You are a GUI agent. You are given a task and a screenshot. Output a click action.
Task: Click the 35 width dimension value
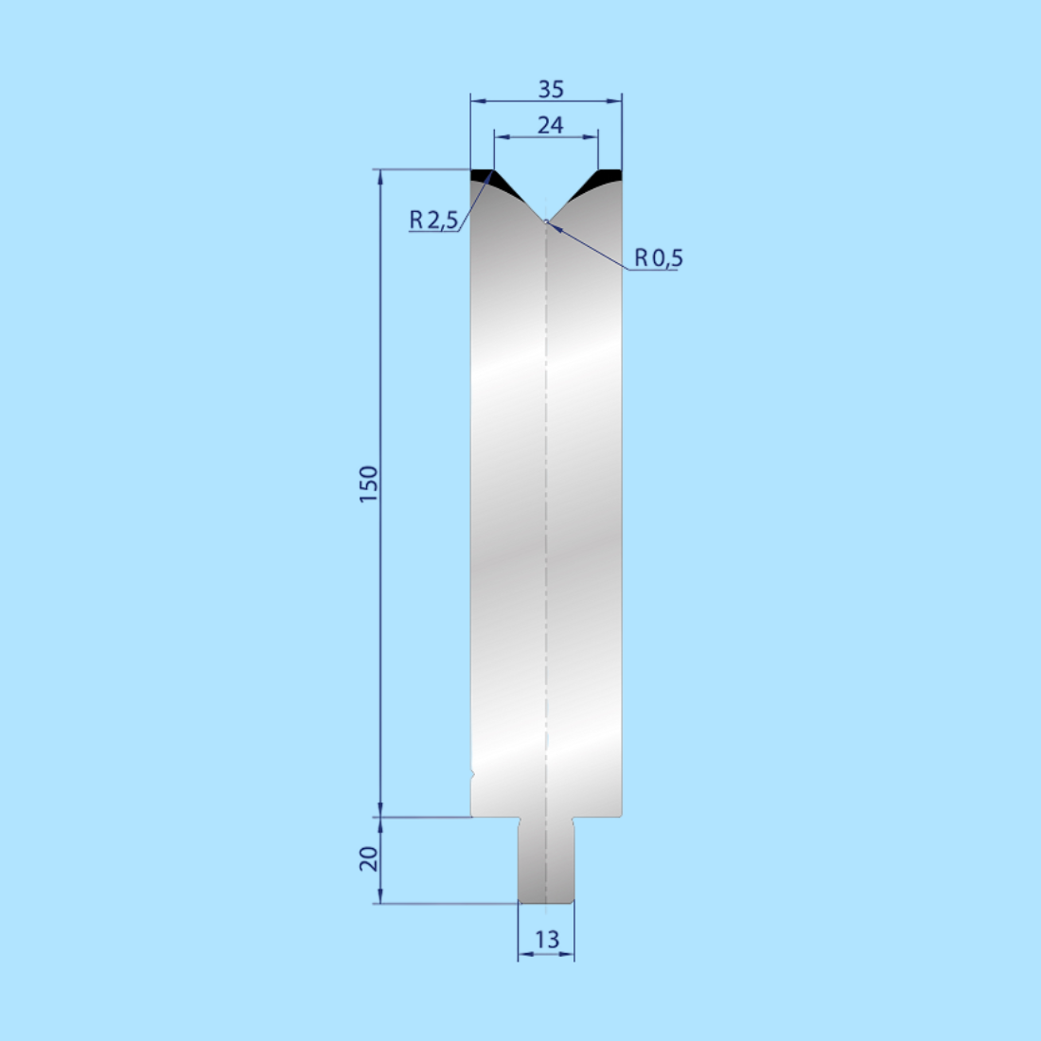click(550, 89)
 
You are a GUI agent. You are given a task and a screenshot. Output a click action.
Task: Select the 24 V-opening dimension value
click(550, 124)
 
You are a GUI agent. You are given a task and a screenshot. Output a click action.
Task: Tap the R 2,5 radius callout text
click(433, 221)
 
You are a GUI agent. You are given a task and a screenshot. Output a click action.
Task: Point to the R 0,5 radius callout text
click(658, 257)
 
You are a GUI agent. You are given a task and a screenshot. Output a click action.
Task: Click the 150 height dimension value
click(369, 485)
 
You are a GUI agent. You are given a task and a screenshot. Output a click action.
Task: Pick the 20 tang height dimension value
click(369, 858)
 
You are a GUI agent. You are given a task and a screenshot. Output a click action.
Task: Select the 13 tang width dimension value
click(546, 940)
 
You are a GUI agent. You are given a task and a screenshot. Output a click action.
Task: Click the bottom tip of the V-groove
click(546, 221)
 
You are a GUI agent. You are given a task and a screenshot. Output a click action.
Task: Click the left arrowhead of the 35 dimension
click(477, 99)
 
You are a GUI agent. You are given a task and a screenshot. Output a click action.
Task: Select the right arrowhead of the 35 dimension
click(616, 99)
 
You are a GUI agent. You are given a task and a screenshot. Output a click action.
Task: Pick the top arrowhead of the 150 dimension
click(380, 176)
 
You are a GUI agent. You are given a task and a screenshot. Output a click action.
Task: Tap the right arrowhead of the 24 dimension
click(592, 137)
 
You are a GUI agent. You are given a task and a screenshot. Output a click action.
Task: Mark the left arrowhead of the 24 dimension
click(500, 137)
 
